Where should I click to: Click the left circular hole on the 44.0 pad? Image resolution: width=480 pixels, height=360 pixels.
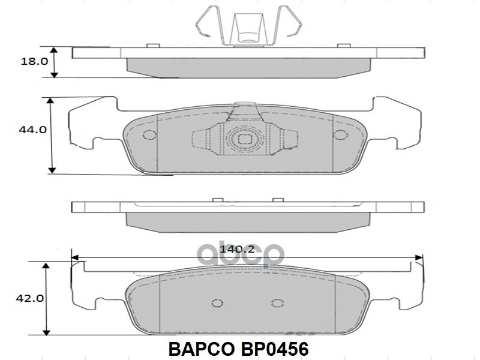[149, 134]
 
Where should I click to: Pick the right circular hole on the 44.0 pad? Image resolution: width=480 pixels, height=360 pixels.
[340, 134]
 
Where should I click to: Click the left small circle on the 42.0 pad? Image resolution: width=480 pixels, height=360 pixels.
[216, 304]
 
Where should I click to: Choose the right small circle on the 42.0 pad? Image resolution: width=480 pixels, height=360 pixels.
[276, 304]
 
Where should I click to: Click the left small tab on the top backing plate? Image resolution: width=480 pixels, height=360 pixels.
[152, 45]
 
